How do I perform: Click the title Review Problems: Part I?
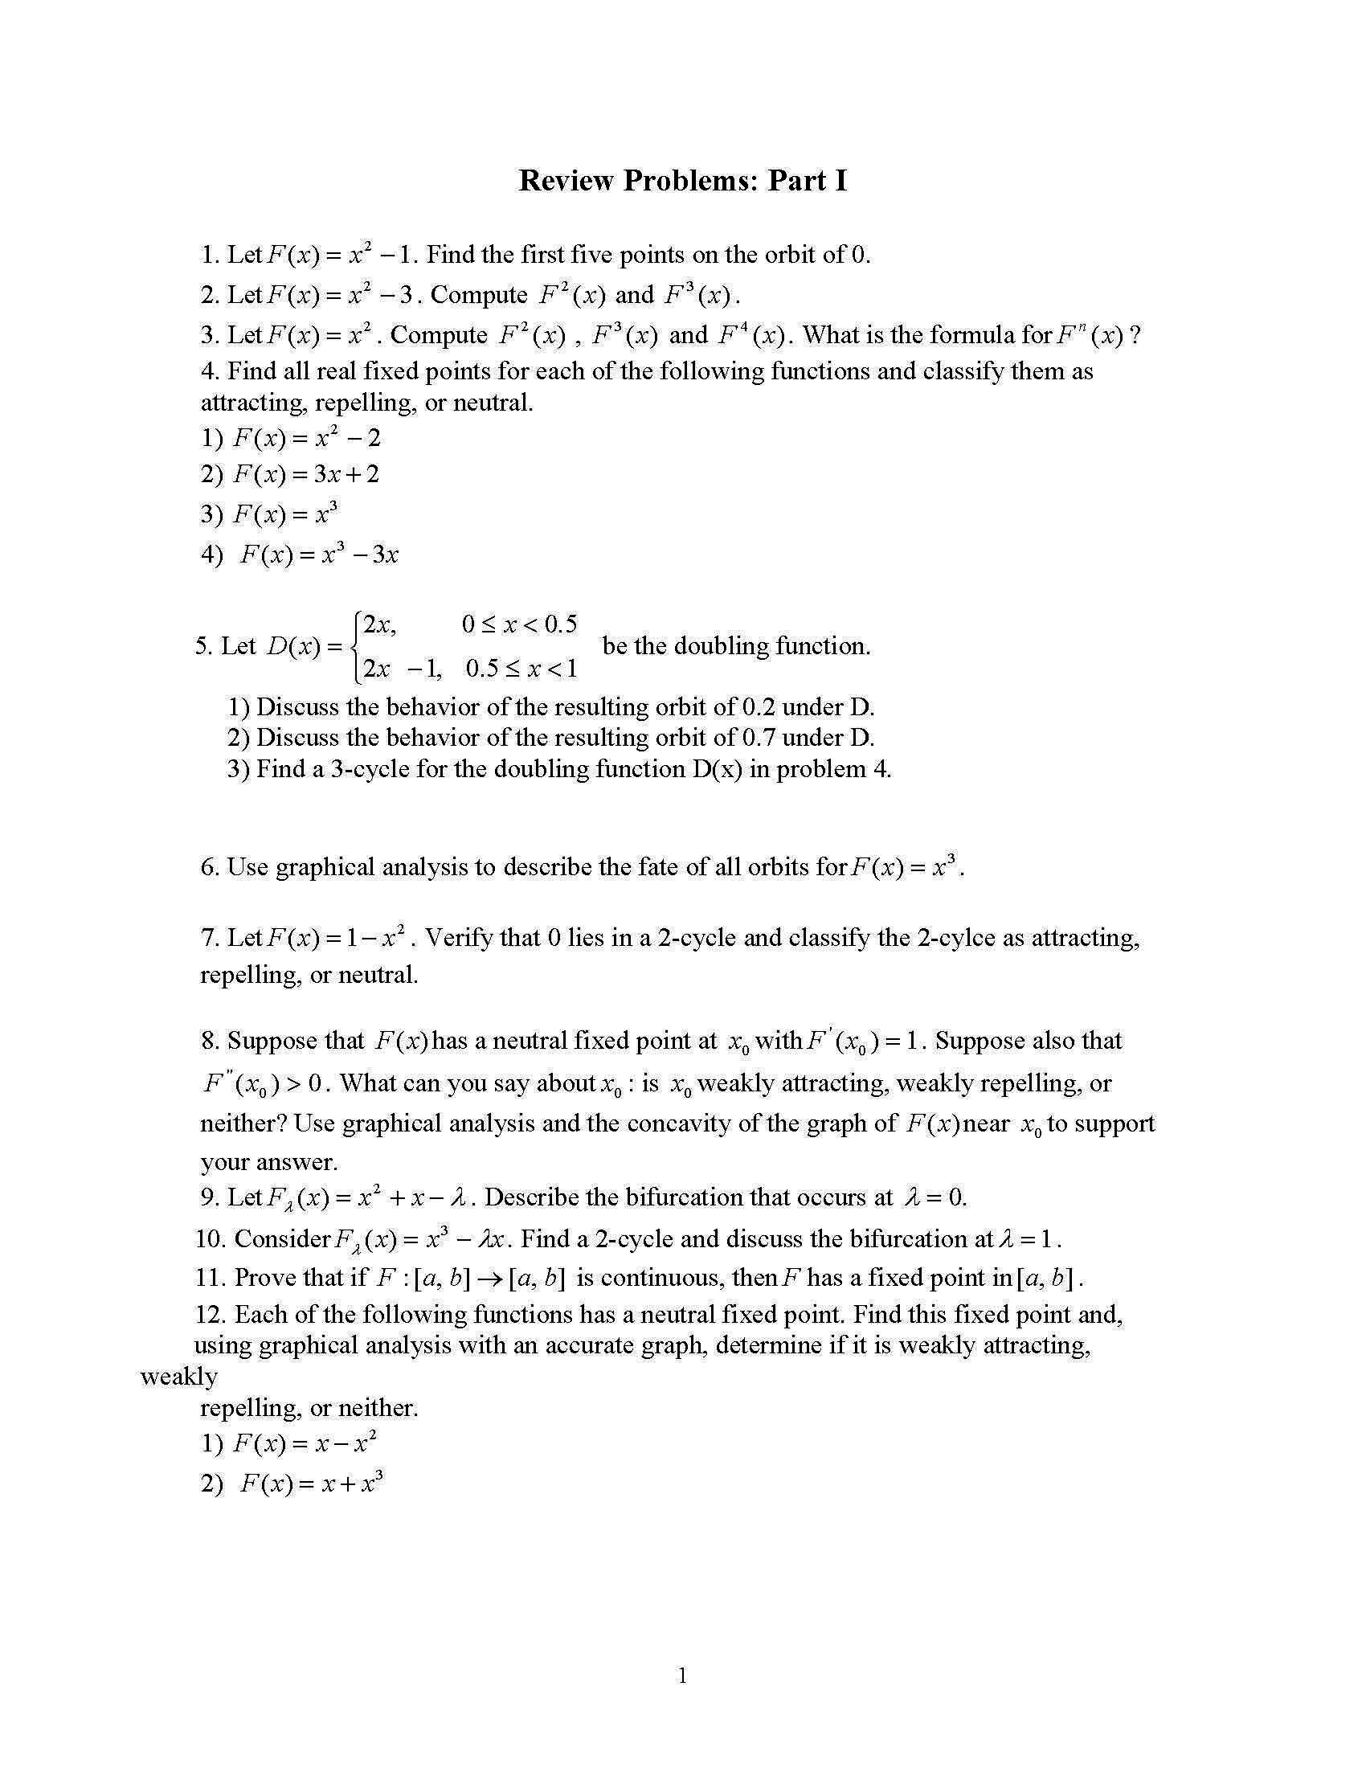(x=682, y=180)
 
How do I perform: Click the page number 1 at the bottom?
(x=682, y=1676)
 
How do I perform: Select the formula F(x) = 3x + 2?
(x=306, y=473)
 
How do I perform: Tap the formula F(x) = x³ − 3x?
(x=319, y=555)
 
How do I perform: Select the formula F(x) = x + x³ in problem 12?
(x=312, y=1484)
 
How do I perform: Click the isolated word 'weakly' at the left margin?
(x=179, y=1376)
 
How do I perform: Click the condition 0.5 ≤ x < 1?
(x=521, y=669)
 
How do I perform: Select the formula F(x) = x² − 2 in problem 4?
(x=306, y=438)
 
